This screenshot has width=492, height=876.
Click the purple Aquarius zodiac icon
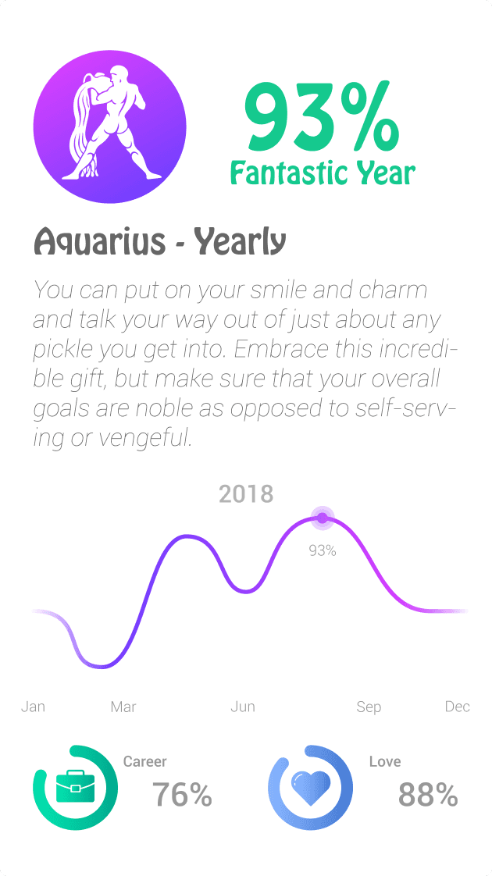tap(109, 127)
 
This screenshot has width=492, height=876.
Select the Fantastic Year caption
tap(322, 172)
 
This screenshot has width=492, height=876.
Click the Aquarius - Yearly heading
tap(160, 242)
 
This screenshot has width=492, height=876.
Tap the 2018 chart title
tap(246, 493)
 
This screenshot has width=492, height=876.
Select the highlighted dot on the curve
tap(323, 517)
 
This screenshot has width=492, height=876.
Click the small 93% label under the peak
tap(323, 550)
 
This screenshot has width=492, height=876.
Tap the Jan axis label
tap(33, 707)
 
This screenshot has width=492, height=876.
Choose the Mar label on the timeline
tap(123, 707)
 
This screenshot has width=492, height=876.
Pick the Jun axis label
tap(243, 707)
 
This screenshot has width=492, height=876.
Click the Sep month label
tap(369, 707)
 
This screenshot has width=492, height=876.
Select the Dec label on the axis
tap(458, 707)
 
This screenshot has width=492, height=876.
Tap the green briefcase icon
tap(75, 787)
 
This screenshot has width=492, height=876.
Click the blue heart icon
tap(310, 787)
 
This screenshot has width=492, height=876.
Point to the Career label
tap(145, 761)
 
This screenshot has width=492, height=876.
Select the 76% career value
tap(183, 795)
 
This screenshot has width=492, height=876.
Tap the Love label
tap(385, 761)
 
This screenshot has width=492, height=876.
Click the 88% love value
tap(428, 795)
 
